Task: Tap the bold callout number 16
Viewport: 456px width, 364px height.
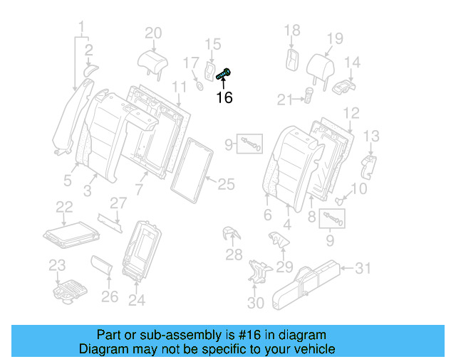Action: pos(224,97)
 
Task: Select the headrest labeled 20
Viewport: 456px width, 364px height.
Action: pos(152,60)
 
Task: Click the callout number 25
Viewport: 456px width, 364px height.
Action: pos(225,185)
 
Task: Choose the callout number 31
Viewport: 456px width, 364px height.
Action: pos(363,268)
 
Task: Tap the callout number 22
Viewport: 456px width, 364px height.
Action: pos(65,207)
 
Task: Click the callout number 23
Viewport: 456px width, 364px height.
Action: pos(57,266)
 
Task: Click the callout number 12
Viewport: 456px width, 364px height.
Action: pos(351,112)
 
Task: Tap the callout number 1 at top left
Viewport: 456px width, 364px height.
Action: pos(82,28)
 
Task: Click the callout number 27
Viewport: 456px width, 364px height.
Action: pos(118,203)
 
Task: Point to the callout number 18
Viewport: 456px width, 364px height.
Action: pos(292,30)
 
